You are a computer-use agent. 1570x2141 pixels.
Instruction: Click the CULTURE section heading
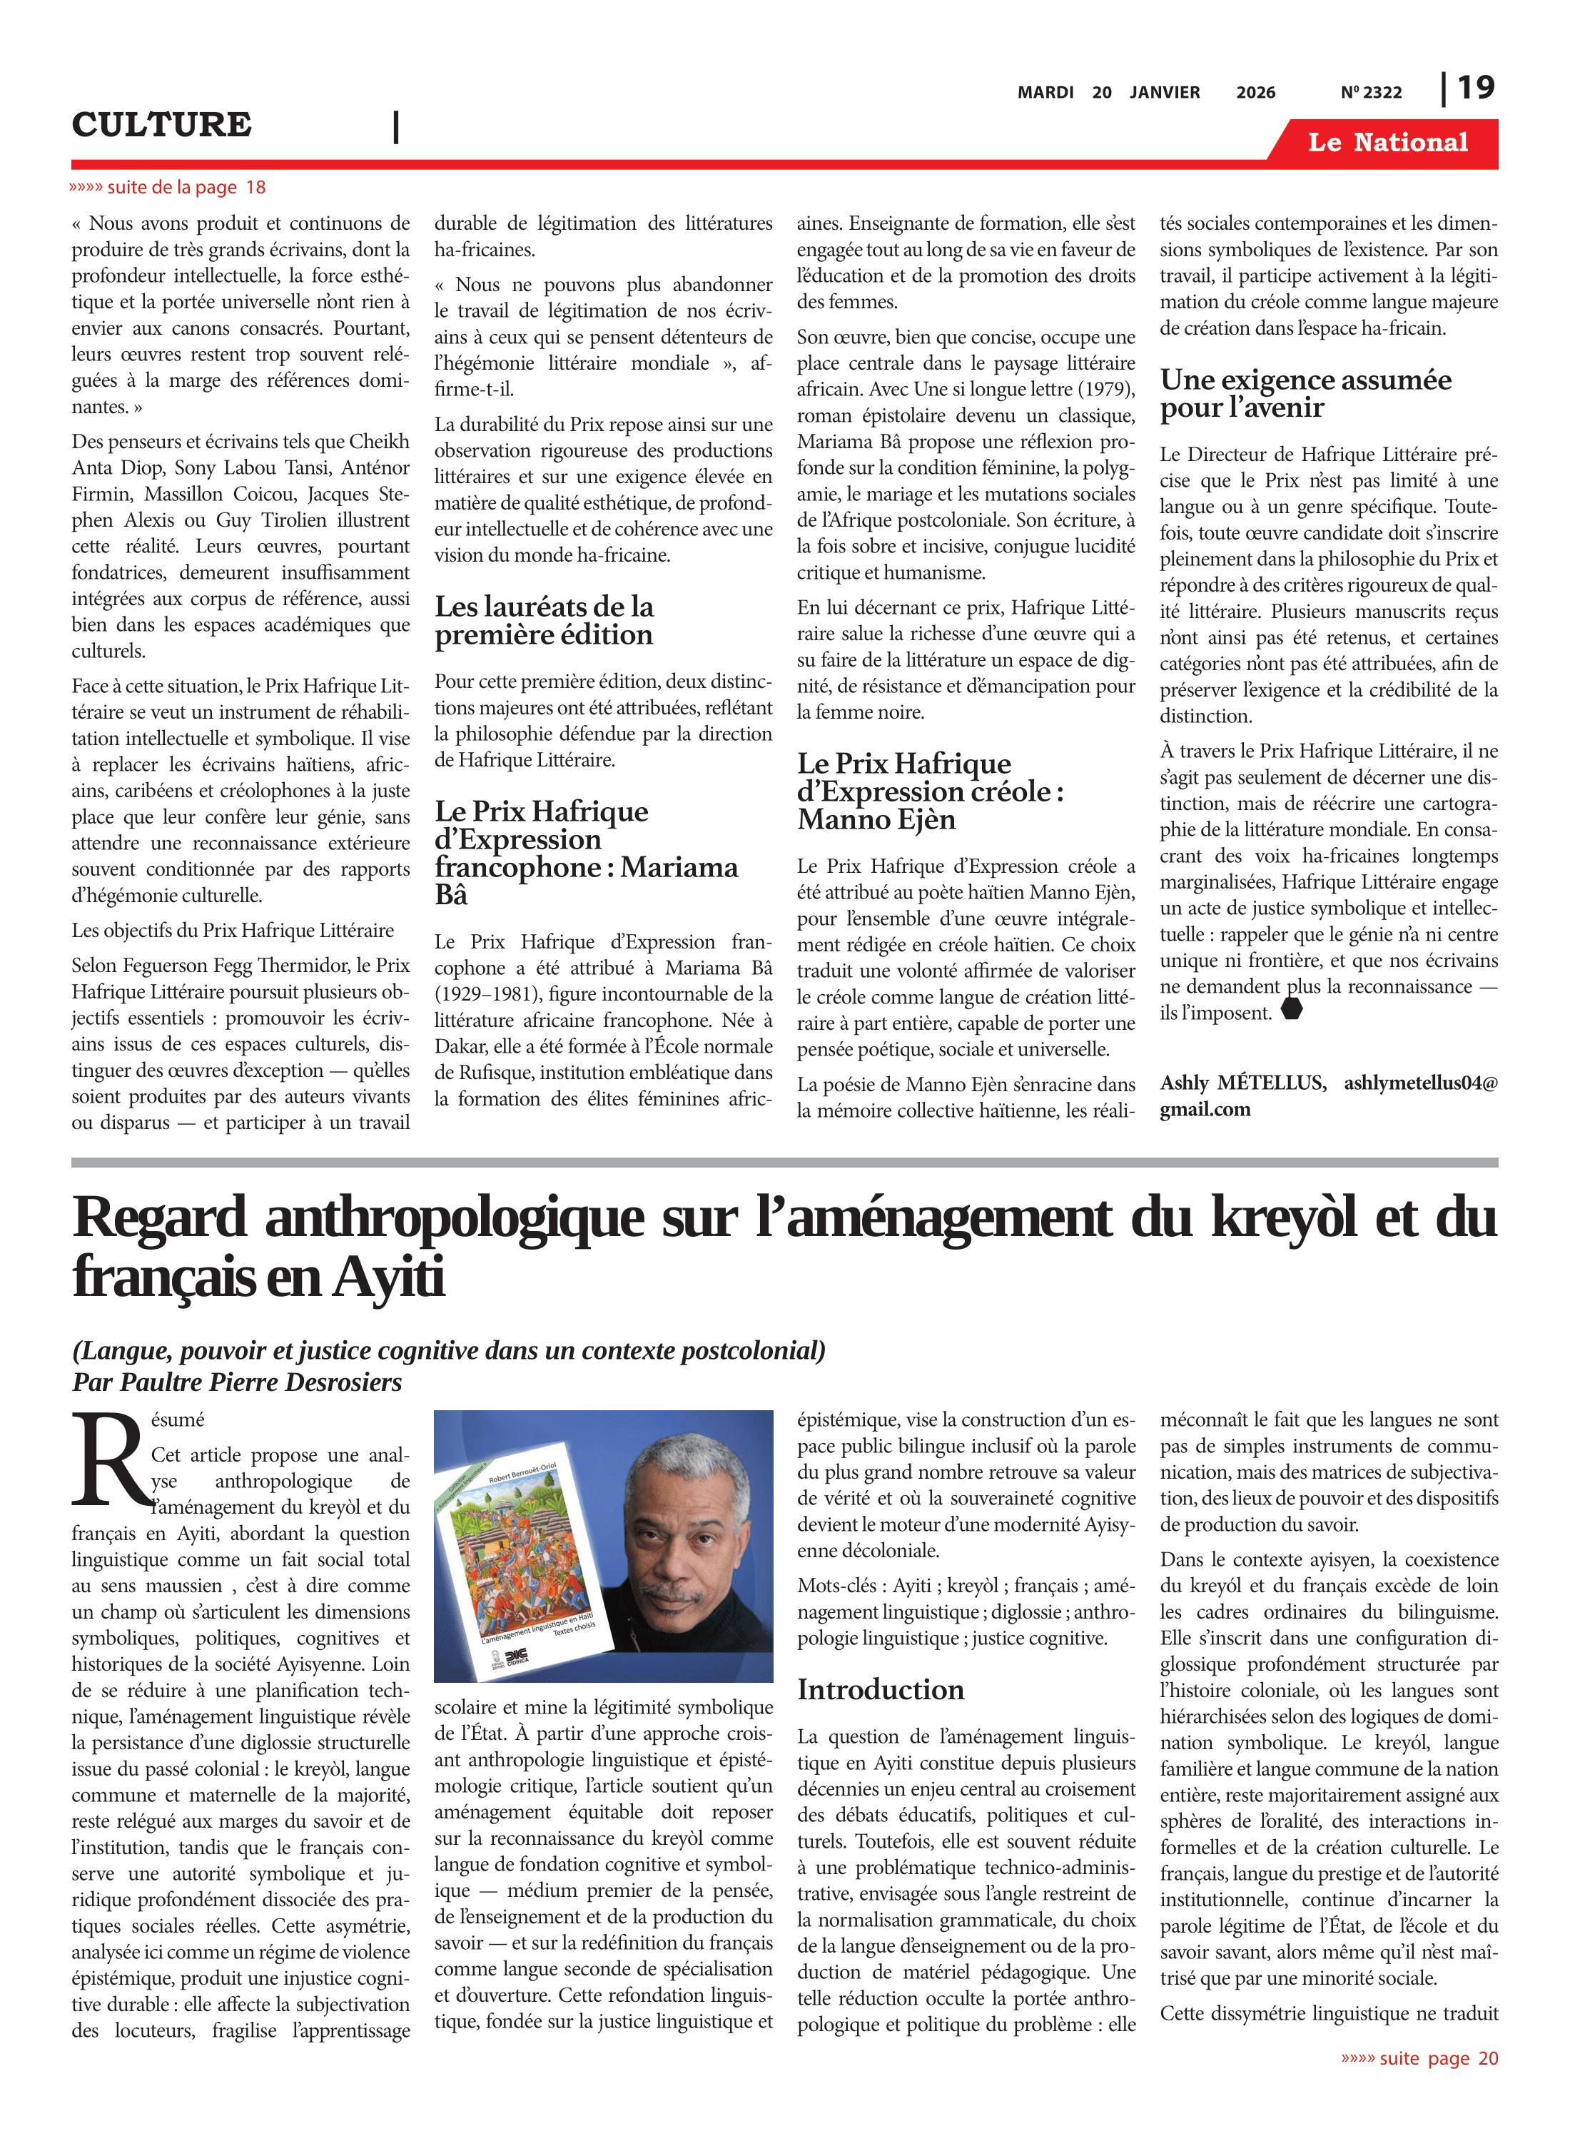click(161, 124)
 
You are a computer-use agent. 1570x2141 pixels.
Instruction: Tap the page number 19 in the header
click(1476, 88)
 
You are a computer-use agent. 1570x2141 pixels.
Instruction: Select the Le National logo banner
click(1387, 143)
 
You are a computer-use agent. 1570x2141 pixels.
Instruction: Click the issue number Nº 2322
click(1370, 92)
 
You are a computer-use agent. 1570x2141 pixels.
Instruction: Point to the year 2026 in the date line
click(1255, 92)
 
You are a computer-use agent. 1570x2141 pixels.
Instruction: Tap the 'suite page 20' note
click(1419, 2058)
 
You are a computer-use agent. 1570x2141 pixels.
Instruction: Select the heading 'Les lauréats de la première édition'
click(545, 621)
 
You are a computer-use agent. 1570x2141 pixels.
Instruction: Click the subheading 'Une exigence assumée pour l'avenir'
click(1305, 393)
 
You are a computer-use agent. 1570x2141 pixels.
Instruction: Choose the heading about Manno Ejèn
click(929, 791)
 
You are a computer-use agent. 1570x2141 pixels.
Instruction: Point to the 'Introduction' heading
click(880, 1689)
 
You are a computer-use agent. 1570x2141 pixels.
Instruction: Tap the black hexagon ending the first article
click(1292, 1010)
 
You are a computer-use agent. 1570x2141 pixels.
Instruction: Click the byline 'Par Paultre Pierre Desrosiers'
click(237, 1382)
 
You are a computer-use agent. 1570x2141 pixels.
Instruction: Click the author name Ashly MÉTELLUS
click(1242, 1083)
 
